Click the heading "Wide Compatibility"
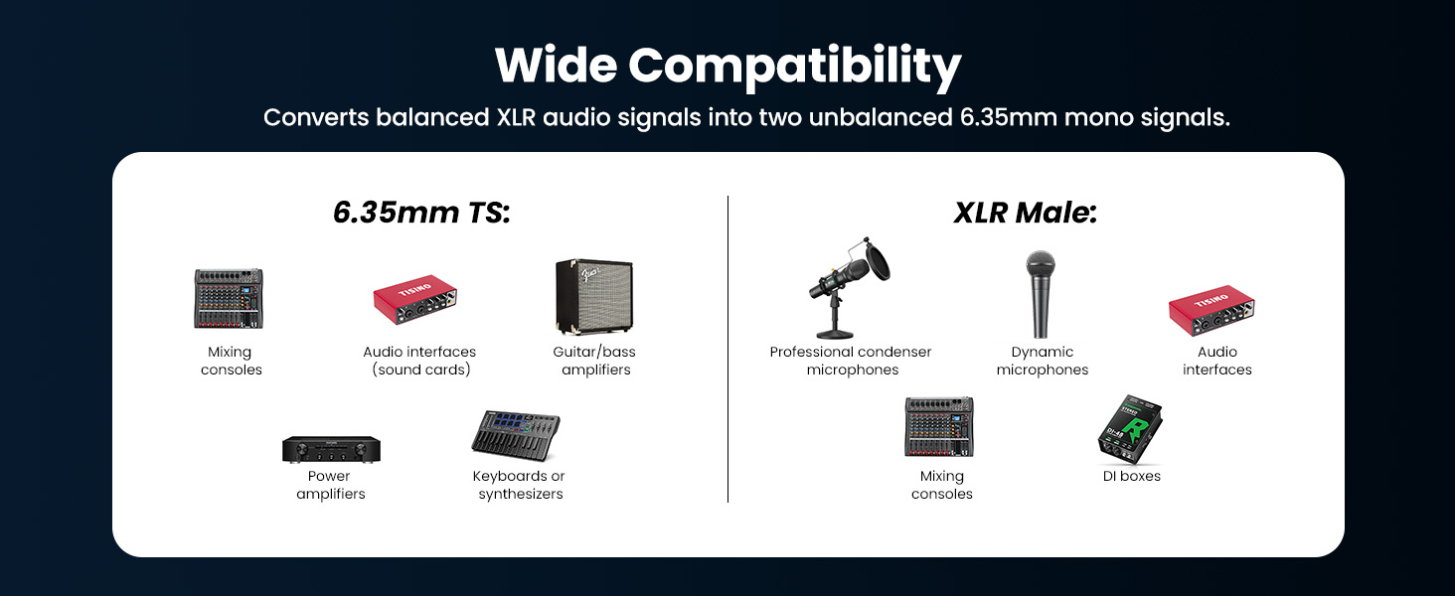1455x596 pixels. tap(727, 67)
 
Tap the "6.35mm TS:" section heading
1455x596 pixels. tap(421, 213)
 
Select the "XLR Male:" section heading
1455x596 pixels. tap(1025, 213)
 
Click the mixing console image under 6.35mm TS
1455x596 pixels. tap(229, 299)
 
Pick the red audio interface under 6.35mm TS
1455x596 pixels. tap(415, 299)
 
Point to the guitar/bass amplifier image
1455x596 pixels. tap(594, 297)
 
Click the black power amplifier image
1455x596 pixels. tap(331, 449)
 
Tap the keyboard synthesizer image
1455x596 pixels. tap(516, 435)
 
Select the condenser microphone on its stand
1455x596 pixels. tap(849, 288)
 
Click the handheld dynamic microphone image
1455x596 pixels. tap(1041, 294)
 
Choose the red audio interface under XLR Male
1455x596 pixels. tap(1212, 310)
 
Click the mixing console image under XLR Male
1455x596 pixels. tap(939, 426)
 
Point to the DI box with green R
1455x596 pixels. tap(1130, 429)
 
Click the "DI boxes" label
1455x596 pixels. tap(1132, 476)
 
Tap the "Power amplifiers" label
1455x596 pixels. tap(331, 485)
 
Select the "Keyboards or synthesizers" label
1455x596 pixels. tap(519, 485)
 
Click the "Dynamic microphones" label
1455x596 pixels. tap(1042, 361)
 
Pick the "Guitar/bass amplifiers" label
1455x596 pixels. tap(594, 361)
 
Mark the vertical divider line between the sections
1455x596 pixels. tap(728, 349)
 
